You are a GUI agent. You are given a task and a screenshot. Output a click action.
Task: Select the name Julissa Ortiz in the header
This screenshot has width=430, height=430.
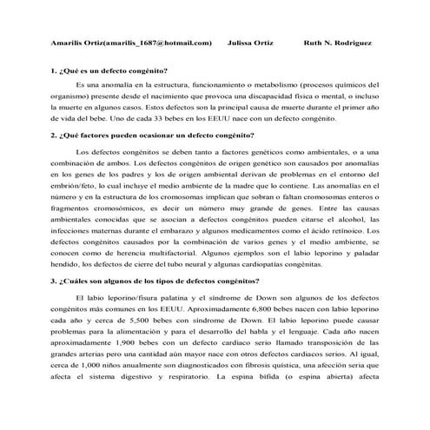click(x=250, y=42)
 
